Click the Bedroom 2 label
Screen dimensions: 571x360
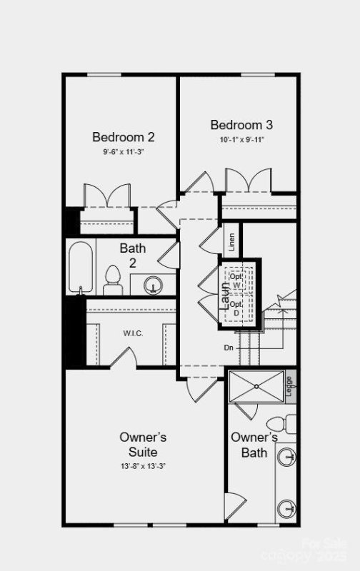[124, 136]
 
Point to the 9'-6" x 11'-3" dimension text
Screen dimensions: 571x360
[124, 151]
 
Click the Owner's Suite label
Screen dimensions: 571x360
[143, 445]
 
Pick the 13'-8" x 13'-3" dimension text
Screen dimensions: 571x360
[143, 466]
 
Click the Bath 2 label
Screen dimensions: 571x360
[132, 256]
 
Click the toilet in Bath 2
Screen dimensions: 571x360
[113, 280]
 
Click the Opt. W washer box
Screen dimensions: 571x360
[236, 281]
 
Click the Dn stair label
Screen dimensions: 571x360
[229, 348]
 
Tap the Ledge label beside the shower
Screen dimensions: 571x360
[289, 386]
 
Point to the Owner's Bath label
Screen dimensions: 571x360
[254, 445]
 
